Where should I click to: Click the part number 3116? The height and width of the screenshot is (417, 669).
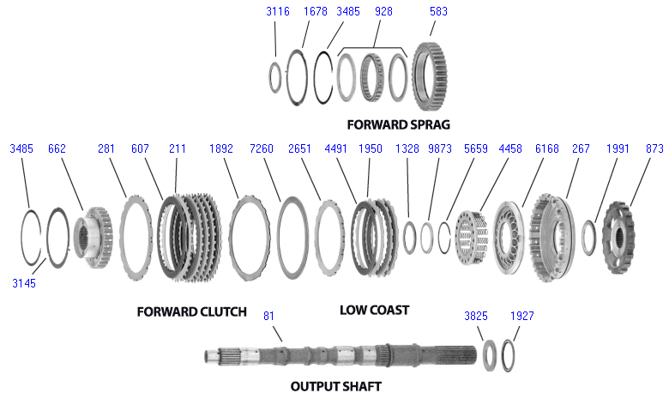[x=278, y=12]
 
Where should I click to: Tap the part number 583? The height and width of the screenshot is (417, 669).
[x=439, y=12]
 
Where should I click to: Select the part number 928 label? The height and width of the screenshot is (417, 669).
[x=384, y=12]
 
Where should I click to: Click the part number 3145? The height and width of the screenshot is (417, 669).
[x=24, y=282]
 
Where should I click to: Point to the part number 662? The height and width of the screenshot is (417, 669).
[x=57, y=148]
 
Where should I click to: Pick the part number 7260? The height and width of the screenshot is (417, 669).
[x=262, y=148]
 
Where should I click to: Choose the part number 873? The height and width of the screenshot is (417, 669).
[x=654, y=148]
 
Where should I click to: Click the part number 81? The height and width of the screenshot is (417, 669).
[x=269, y=316]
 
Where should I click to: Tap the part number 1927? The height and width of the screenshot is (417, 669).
[x=521, y=316]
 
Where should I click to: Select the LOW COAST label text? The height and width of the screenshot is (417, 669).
[x=374, y=310]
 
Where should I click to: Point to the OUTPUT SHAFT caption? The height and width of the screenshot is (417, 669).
[x=335, y=386]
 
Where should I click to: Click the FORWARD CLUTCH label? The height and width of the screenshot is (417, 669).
[x=191, y=311]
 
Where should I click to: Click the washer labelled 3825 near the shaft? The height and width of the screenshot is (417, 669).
[x=491, y=354]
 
